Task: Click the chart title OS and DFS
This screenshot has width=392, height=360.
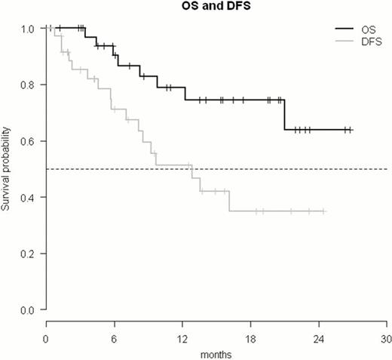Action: tap(216, 8)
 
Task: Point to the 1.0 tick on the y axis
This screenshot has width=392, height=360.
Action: tap(28, 29)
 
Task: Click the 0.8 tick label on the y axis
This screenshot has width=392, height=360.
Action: tap(28, 85)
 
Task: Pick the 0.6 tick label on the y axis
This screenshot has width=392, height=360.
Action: tap(28, 141)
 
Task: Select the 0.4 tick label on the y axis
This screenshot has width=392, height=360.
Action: tap(28, 197)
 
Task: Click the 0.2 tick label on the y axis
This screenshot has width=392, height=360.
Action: tap(28, 254)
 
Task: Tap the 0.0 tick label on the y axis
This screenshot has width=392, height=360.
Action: tap(28, 309)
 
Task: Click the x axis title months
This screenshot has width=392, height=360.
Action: tap(216, 352)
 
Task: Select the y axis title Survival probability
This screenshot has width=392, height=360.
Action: tap(7, 169)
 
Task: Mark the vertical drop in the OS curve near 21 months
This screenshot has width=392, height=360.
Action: tap(284, 115)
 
